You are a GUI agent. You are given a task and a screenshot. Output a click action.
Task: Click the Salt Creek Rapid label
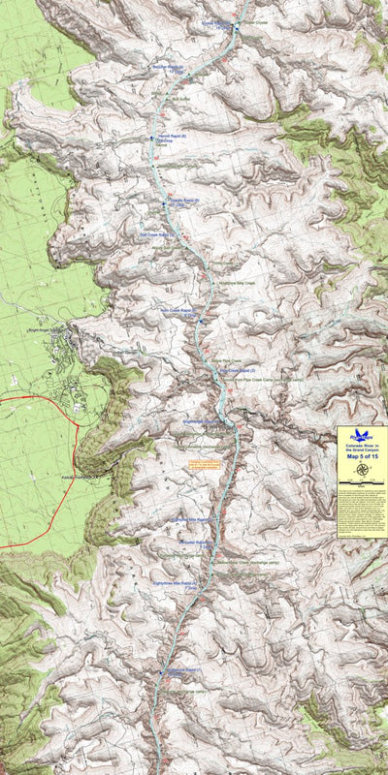coord(155,234)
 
